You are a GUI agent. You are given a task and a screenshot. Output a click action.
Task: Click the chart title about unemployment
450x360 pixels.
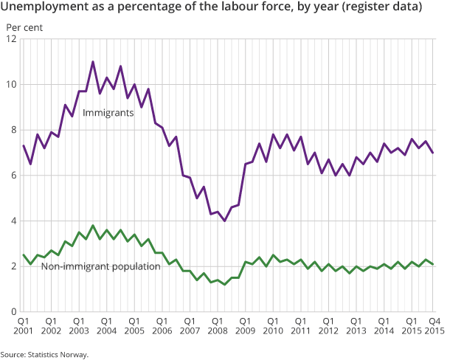pos(213,8)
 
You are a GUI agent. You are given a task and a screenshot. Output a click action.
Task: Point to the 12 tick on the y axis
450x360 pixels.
pos(12,38)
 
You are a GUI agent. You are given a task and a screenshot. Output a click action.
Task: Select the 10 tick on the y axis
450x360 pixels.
pos(12,84)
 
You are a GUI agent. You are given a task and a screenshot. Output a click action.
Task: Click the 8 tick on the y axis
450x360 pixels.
pos(15,130)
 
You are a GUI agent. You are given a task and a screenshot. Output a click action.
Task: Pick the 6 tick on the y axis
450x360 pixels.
pos(15,176)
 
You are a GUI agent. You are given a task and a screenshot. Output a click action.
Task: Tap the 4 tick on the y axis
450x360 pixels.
pos(15,221)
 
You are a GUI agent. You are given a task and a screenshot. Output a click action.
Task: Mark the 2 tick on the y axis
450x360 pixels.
pos(15,266)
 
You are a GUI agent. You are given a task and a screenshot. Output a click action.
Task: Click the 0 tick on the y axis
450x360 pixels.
pos(15,312)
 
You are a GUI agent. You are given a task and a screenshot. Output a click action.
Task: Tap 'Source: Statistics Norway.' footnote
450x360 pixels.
pos(44,355)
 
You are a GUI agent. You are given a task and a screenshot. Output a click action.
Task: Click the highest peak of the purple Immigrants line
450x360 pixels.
pos(93,62)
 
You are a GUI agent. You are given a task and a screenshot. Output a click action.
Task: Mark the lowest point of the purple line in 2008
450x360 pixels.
pos(224,221)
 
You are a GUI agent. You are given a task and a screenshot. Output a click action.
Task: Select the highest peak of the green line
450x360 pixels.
pos(93,226)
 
